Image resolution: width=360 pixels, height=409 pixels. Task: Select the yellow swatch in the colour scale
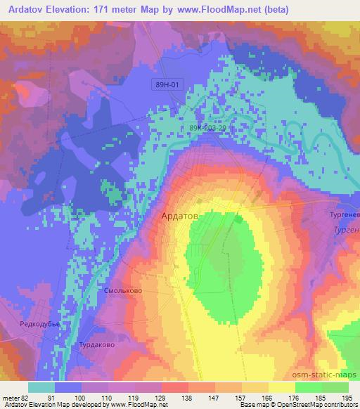point(281,387)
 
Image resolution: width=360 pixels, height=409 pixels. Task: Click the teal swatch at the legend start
point(42,387)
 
